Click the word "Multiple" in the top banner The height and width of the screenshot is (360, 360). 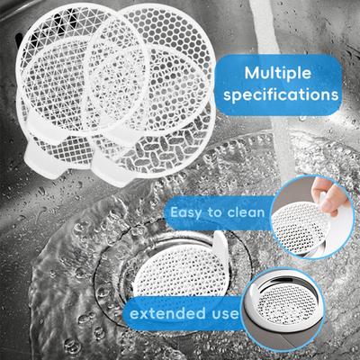click(277, 74)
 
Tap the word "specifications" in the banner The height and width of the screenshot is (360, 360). click(281, 95)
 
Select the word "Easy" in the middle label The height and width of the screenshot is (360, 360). click(185, 213)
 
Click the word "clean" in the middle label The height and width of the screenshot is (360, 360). click(246, 212)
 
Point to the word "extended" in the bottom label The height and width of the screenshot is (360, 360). click(167, 313)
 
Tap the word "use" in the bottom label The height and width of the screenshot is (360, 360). click(224, 314)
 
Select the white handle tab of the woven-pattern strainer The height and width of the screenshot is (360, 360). click(110, 169)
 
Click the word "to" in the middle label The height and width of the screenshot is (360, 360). click(214, 212)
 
